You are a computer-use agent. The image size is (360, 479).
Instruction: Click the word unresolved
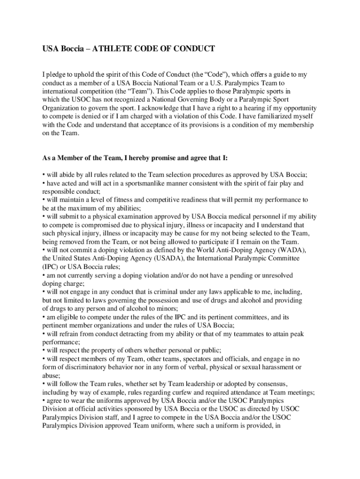coord(274,276)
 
